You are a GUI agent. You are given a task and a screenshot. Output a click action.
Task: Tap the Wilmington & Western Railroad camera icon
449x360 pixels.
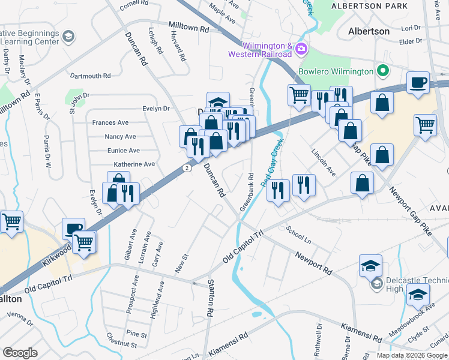pos(301,48)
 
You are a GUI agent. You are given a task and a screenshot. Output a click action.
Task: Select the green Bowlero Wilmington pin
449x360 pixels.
pos(382,71)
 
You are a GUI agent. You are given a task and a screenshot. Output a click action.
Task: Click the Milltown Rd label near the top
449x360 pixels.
pos(188,29)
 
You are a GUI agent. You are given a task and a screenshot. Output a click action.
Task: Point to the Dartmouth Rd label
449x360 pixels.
pos(90,76)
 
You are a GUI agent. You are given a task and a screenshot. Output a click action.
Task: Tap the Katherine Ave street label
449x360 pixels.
pos(134,164)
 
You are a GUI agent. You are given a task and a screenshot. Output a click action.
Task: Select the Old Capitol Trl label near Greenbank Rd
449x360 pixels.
pos(243,245)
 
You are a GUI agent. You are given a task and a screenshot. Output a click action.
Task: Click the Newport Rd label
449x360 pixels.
pos(313,262)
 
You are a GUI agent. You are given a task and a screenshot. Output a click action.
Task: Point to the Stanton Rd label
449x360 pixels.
pos(210,298)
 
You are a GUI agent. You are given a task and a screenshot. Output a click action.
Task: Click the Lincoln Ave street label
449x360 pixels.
pos(323,161)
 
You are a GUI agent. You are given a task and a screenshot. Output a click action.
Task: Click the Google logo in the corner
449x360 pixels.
pos(20,352)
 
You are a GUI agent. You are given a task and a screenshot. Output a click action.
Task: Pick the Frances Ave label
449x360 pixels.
pos(110,122)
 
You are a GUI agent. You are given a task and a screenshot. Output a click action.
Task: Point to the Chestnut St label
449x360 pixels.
pos(121,343)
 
